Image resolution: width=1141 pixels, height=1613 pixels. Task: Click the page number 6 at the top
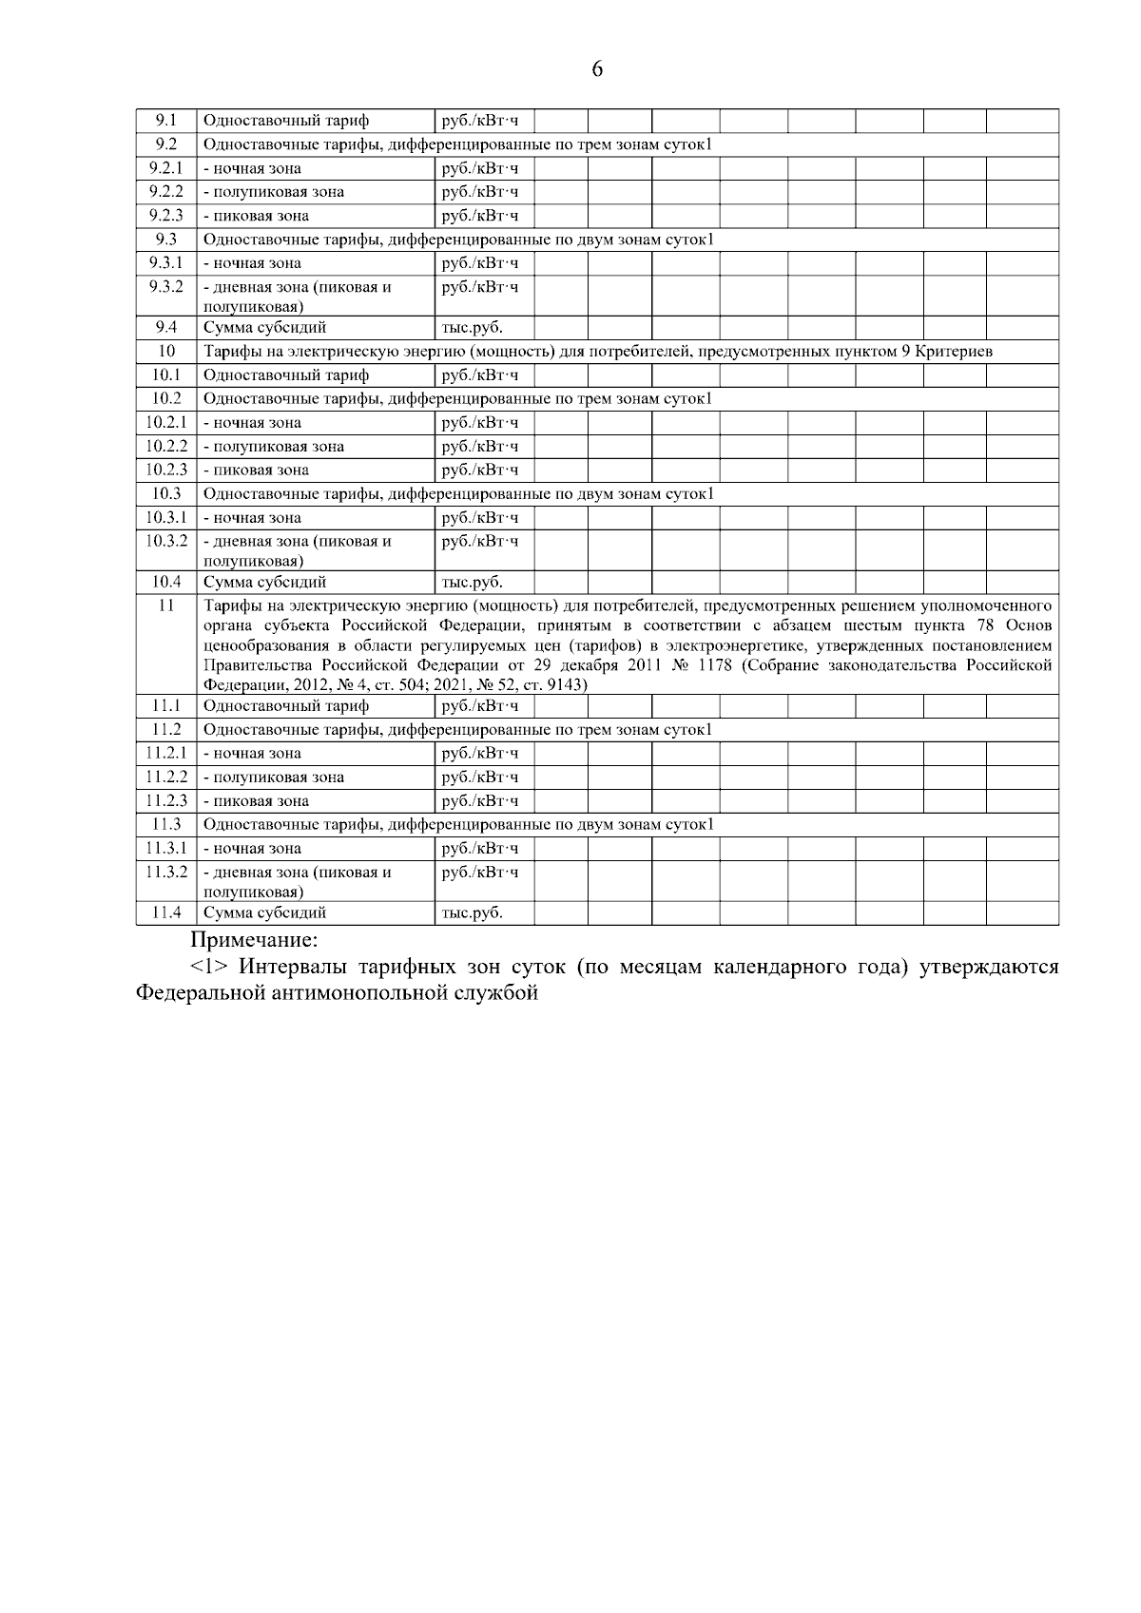click(x=597, y=68)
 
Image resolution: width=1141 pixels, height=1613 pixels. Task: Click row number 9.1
click(x=165, y=121)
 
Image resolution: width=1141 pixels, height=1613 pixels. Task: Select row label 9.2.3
click(x=165, y=216)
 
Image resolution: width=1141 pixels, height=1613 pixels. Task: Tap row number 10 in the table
click(x=165, y=352)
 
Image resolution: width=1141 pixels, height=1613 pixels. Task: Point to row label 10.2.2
click(x=165, y=446)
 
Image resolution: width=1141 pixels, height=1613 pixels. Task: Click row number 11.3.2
click(x=165, y=872)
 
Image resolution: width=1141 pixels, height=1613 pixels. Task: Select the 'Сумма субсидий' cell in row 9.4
click(x=264, y=328)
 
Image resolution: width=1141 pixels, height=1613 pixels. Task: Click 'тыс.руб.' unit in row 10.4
click(x=472, y=582)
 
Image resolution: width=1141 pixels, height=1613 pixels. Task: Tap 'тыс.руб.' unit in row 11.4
click(x=472, y=912)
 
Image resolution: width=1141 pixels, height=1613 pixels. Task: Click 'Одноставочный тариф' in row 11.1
click(x=286, y=706)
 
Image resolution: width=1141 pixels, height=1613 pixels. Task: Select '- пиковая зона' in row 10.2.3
click(x=256, y=470)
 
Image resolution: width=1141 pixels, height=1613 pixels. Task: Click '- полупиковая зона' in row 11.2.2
click(x=274, y=777)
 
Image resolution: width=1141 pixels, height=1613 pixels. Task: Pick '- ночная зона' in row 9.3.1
click(x=252, y=263)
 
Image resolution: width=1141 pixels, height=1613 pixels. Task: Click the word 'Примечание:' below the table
click(x=254, y=941)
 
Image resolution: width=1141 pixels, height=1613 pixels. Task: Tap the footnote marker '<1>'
click(x=209, y=968)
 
